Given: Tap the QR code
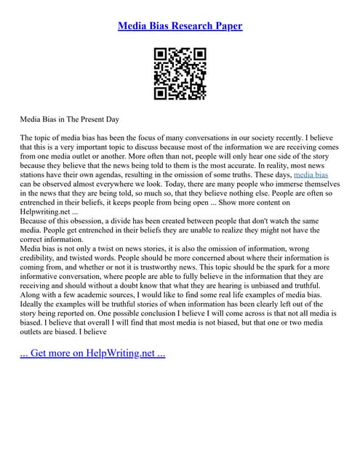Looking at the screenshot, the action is [x=180, y=74].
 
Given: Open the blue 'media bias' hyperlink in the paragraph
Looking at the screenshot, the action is [x=311, y=175].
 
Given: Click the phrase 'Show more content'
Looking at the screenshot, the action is [x=260, y=203].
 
